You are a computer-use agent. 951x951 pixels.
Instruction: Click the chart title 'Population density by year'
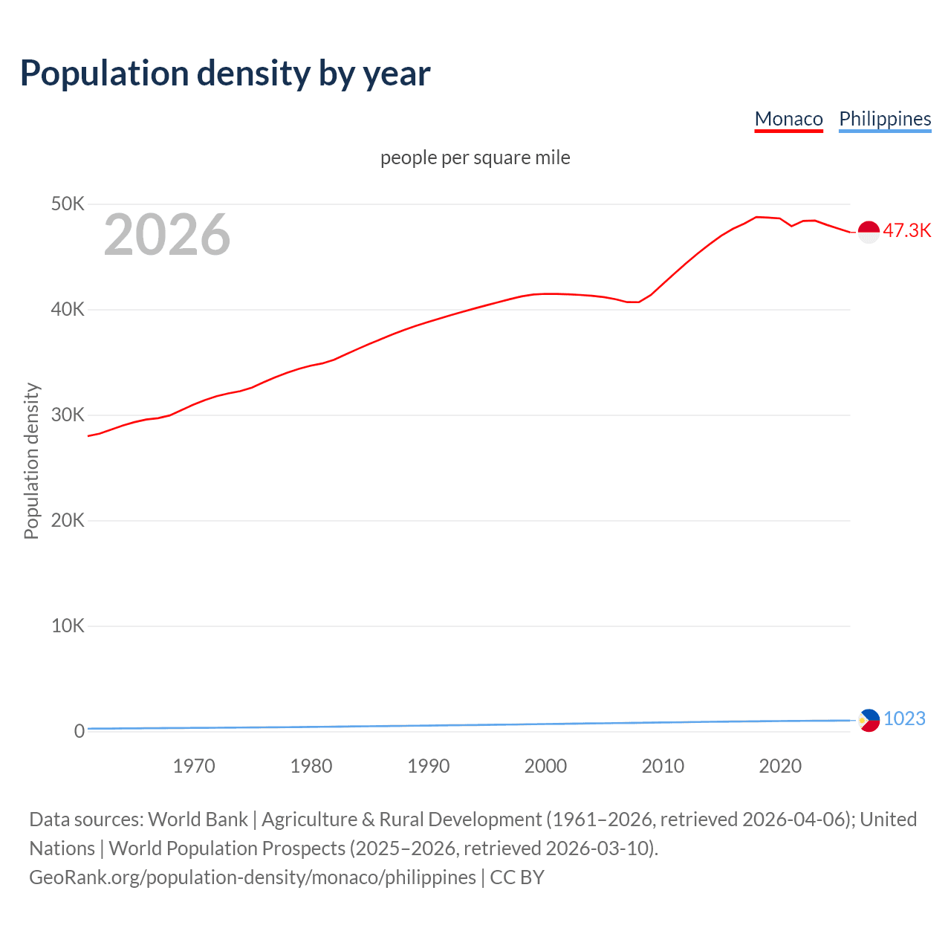point(225,74)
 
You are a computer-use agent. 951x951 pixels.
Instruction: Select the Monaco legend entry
point(788,119)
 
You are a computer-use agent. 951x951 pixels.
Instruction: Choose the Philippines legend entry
point(884,119)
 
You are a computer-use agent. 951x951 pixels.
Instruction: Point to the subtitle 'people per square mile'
point(475,158)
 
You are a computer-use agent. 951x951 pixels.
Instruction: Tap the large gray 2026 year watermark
point(167,235)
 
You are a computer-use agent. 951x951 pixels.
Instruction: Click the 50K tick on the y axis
point(68,204)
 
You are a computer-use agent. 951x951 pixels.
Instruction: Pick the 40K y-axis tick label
point(68,309)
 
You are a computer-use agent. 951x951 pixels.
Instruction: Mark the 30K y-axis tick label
point(68,415)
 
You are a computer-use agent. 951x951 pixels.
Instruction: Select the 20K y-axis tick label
point(68,520)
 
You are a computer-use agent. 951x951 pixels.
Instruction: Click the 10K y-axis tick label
point(68,626)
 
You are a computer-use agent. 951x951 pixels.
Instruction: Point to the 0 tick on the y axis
point(79,731)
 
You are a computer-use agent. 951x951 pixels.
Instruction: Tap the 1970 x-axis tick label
point(194,766)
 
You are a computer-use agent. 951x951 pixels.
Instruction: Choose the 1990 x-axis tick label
point(429,766)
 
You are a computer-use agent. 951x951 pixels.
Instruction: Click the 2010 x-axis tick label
point(663,766)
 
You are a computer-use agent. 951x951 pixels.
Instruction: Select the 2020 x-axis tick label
point(780,766)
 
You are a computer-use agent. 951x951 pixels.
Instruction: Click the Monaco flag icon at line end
point(869,232)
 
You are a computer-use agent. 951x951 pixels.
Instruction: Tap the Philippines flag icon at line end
point(869,720)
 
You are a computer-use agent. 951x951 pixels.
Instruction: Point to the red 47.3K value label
point(906,231)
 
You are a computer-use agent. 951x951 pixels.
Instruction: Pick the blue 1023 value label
point(904,718)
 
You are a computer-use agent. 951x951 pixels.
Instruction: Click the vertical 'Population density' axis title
point(31,461)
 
